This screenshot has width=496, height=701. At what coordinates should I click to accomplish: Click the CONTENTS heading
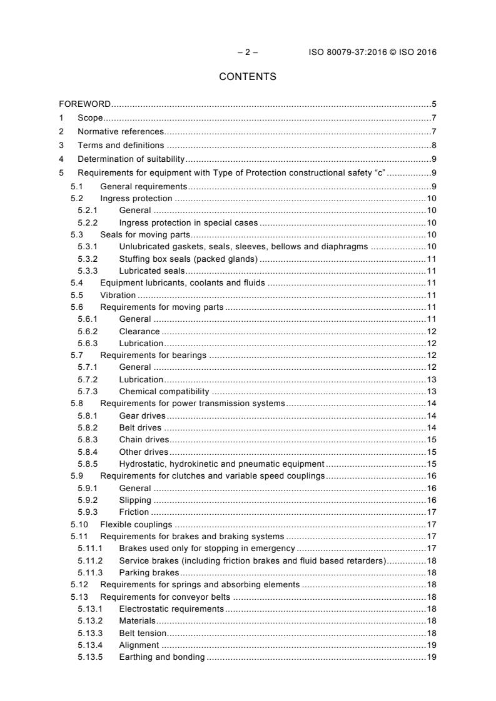click(248, 77)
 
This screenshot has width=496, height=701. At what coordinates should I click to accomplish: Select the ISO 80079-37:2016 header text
click(372, 52)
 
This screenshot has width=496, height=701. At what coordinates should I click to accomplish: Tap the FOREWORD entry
click(85, 104)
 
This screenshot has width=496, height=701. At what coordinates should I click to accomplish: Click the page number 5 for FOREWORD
click(433, 104)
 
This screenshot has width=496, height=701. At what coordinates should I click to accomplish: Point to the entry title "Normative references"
click(120, 131)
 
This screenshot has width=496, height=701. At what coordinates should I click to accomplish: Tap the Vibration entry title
click(118, 295)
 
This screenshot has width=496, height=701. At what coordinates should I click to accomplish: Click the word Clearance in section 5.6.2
click(139, 331)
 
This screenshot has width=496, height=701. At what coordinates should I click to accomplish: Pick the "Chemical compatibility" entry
click(164, 392)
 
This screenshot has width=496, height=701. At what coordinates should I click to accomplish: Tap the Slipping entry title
click(134, 500)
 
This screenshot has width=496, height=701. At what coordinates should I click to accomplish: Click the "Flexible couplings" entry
click(136, 524)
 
